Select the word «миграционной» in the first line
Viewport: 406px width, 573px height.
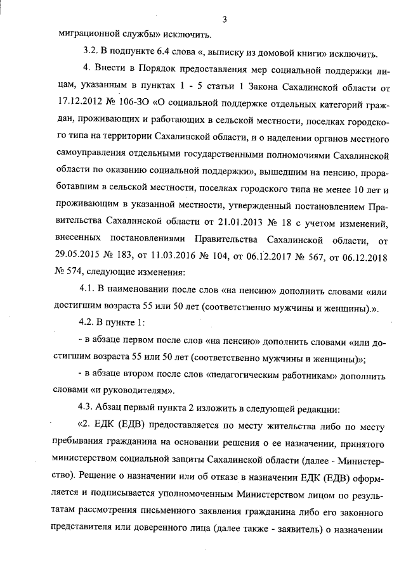[81, 34]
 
